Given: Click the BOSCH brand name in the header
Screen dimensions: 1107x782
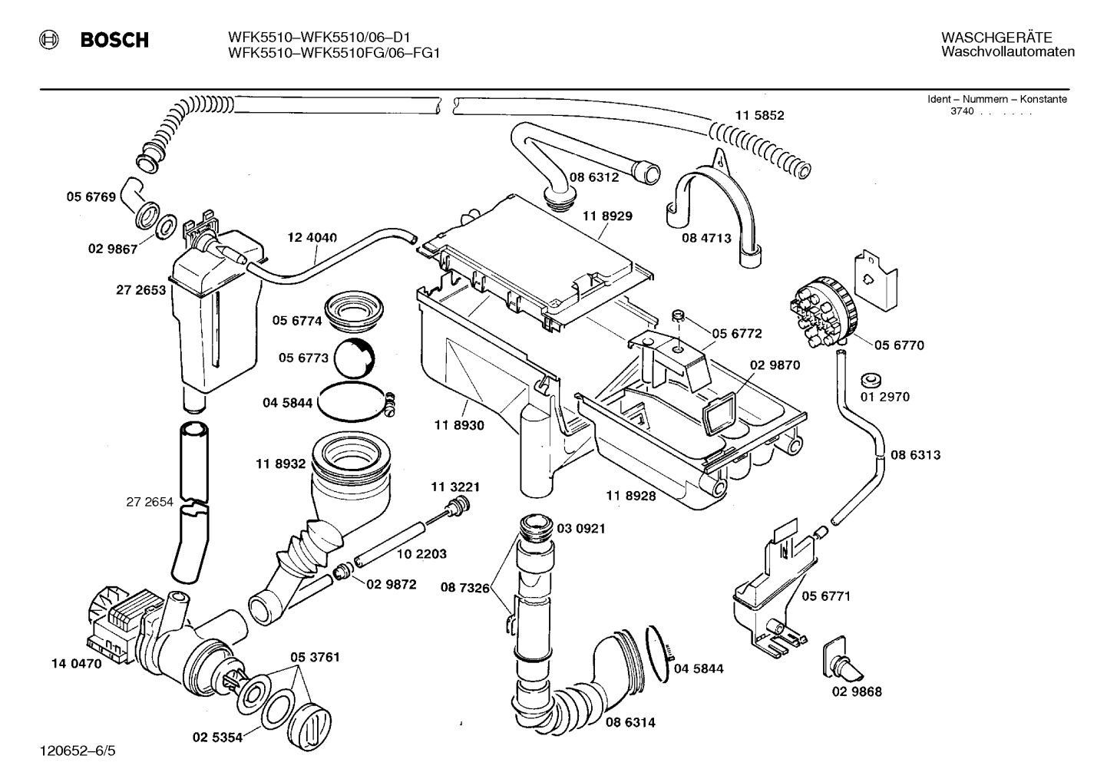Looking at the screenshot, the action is (114, 40).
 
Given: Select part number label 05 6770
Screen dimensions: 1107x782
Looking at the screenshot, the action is (899, 345).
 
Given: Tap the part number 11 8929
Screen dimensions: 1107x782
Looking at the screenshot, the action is (607, 216).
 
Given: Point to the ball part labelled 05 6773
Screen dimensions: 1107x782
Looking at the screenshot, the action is (355, 358).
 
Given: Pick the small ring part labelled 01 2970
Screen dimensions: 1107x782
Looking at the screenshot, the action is (871, 381).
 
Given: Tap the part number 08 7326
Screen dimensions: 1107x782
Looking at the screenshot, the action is (465, 588).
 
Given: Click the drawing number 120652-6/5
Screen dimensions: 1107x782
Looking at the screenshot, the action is (78, 751).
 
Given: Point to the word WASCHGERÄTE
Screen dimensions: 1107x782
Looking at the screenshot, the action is (996, 38).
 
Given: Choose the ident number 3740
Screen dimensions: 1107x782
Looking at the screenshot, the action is (962, 111).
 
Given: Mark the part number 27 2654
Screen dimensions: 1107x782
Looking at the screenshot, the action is (150, 502).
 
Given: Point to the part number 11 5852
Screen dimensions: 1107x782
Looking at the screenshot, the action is (760, 115).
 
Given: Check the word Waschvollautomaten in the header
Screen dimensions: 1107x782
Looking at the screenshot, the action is (1008, 51).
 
